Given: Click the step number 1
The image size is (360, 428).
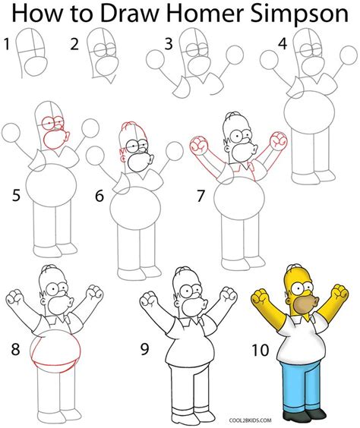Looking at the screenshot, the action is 7,45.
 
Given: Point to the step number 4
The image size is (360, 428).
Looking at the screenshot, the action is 283,44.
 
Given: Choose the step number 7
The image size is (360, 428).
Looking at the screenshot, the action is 201,196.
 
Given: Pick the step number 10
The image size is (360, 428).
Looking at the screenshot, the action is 261,350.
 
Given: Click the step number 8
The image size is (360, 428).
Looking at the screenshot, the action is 15,349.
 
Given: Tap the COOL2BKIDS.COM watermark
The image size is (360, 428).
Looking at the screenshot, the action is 251,420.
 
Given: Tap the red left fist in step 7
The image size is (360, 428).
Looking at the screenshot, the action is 198,145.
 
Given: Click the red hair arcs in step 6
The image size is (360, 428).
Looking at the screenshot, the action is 132,127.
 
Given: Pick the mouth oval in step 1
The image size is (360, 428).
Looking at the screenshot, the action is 36,67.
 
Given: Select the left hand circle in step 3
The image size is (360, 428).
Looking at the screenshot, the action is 155,59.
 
